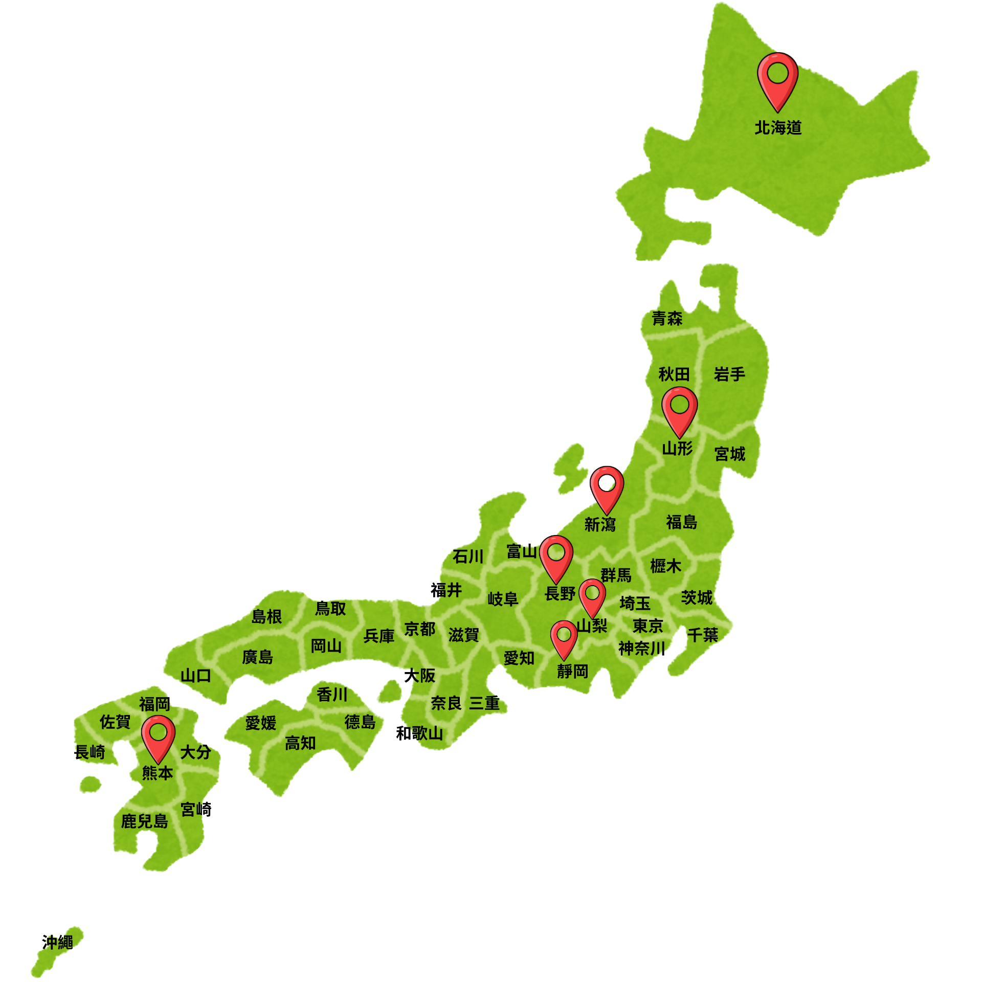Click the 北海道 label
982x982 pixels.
pos(778,128)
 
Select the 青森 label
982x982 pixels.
pos(667,319)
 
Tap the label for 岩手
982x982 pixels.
pos(729,374)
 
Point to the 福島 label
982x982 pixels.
pos(681,522)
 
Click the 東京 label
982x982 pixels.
pos(648,626)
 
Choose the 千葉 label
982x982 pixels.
pos(703,635)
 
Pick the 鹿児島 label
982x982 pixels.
pos(145,821)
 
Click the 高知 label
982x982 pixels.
pos(300,743)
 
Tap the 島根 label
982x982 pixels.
pos(266,617)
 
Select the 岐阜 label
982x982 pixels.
pos(503,599)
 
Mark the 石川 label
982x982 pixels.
pos(467,556)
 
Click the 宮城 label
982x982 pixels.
pos(730,454)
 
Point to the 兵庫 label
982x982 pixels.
pos(379,636)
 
